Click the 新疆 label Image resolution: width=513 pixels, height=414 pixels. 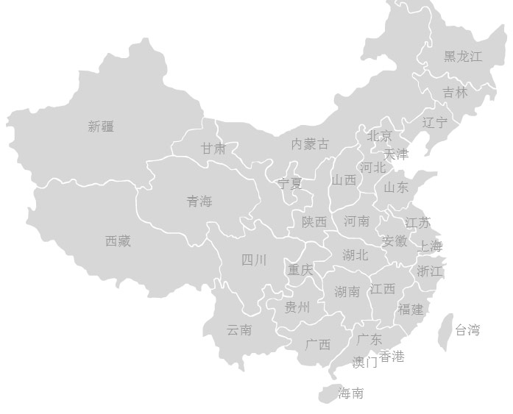pyautogui.click(x=101, y=126)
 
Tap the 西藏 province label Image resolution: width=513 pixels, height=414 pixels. pyautogui.click(x=118, y=240)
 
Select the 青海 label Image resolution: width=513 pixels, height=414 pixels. pyautogui.click(x=199, y=201)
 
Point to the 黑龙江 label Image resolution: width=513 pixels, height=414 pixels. pyautogui.click(x=463, y=57)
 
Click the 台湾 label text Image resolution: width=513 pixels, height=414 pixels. pyautogui.click(x=467, y=330)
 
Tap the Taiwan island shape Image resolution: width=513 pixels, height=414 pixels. pyautogui.click(x=445, y=331)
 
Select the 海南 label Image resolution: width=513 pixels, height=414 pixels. pyautogui.click(x=351, y=393)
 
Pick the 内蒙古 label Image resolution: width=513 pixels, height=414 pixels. pyautogui.click(x=310, y=143)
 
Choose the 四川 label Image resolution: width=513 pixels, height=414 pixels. pyautogui.click(x=254, y=260)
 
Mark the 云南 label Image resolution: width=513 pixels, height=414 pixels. pyautogui.click(x=239, y=330)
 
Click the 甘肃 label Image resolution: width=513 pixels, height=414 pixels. pyautogui.click(x=213, y=149)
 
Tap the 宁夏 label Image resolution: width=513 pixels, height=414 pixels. pyautogui.click(x=290, y=183)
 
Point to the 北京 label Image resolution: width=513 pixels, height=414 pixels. pyautogui.click(x=380, y=136)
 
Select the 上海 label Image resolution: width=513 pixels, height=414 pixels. pyautogui.click(x=431, y=246)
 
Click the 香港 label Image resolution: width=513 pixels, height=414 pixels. pyautogui.click(x=392, y=357)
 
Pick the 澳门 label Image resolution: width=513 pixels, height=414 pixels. pyautogui.click(x=364, y=362)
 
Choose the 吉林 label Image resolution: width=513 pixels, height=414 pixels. pyautogui.click(x=455, y=93)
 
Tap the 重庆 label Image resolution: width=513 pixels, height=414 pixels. pyautogui.click(x=300, y=270)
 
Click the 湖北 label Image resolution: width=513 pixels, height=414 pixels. pyautogui.click(x=355, y=255)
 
